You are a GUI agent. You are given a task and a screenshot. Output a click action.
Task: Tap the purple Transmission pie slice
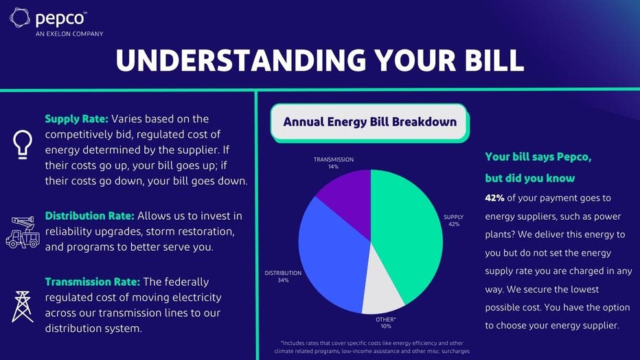(347, 200)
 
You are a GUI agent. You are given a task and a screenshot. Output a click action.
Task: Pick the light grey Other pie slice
(382, 286)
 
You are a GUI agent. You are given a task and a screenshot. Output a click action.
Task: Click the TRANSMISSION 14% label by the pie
(334, 163)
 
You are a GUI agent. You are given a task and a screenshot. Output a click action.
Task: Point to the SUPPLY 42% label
(453, 221)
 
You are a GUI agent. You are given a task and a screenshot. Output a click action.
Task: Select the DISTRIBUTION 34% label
(283, 276)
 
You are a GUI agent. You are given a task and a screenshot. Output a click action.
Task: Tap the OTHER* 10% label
(386, 322)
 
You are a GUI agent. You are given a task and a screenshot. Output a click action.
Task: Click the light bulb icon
(22, 144)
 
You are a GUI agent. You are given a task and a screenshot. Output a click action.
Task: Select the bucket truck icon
(23, 232)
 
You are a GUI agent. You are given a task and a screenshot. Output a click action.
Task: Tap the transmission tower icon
(23, 306)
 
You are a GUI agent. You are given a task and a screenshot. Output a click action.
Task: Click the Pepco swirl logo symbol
(20, 18)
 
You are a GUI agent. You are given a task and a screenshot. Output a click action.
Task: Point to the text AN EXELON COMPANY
(69, 34)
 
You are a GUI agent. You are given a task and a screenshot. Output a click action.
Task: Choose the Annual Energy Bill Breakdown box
(370, 122)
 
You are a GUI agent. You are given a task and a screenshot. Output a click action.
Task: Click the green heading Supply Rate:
(76, 119)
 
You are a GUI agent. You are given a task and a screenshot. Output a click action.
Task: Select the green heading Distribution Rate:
(89, 216)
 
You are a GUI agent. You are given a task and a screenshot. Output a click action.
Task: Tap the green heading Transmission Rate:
(92, 282)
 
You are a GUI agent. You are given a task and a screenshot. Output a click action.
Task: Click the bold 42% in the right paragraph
(494, 198)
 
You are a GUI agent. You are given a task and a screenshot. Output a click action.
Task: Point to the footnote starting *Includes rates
(372, 347)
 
